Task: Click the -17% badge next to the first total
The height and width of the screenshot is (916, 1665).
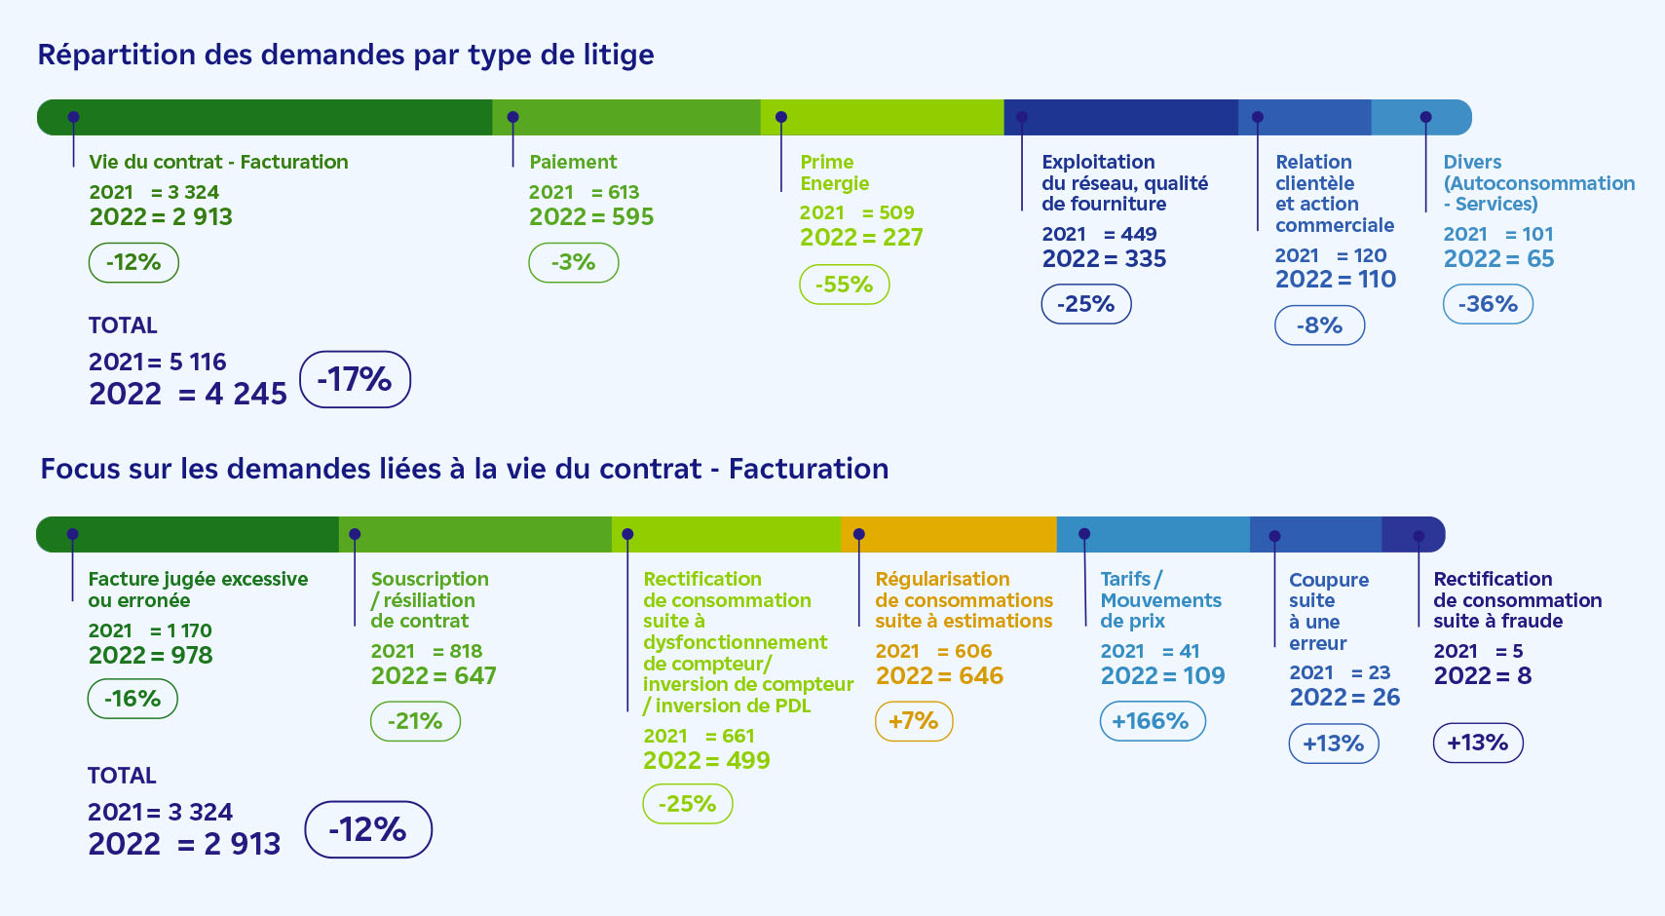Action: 355,379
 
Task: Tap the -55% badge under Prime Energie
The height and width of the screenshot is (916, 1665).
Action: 844,285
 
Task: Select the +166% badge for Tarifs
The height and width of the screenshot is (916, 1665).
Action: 1152,721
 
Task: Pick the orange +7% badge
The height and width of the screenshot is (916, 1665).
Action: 913,721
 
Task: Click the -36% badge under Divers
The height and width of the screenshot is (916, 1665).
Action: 1487,304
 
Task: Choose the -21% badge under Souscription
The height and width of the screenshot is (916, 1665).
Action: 415,721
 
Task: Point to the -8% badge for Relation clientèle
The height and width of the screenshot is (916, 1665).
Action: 1319,325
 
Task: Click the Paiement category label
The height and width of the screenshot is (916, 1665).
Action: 573,162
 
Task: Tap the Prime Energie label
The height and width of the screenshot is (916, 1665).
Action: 834,172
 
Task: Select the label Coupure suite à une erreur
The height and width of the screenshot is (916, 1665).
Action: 1328,611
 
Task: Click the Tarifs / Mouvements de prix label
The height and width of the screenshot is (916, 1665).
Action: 1160,599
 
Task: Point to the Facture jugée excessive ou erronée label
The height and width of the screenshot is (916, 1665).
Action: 198,590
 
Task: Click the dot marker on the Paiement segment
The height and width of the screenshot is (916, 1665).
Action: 512,117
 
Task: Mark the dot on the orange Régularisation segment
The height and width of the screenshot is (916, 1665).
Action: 858,534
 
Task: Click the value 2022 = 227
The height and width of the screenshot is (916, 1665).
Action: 861,237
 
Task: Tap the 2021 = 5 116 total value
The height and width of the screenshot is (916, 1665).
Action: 157,362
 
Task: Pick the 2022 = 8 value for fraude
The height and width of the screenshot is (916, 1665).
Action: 1482,675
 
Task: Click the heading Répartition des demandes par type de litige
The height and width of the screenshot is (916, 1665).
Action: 346,55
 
